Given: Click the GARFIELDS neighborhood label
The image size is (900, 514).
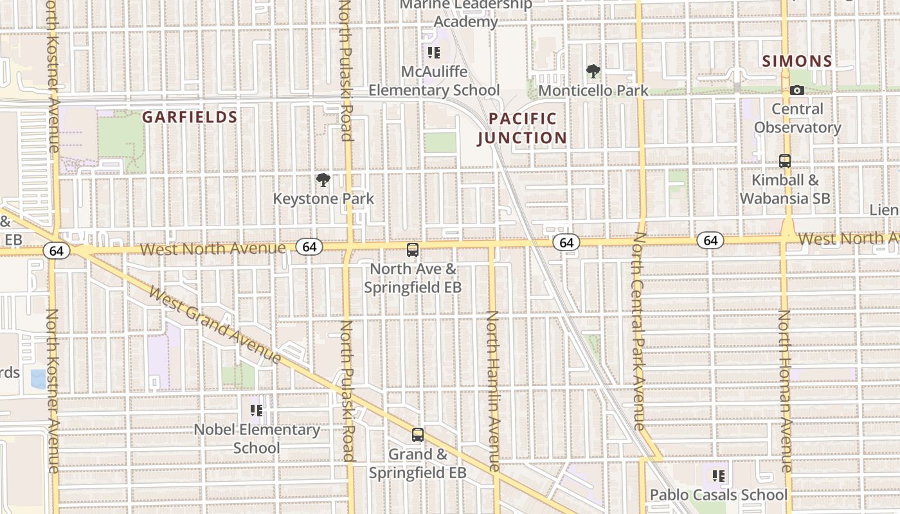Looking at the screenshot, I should [190, 117].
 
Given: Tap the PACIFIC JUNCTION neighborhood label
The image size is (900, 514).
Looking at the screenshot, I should [522, 128].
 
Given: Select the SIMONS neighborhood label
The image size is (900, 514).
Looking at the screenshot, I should [797, 61].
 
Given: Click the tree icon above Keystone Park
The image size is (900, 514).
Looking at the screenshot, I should [323, 180].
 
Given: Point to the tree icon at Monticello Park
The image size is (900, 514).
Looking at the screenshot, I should [593, 71].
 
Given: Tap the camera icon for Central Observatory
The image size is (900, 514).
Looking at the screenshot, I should [797, 91].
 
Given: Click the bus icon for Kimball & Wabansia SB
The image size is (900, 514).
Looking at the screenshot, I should [785, 161].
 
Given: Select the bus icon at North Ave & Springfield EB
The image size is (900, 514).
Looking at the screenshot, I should [413, 250].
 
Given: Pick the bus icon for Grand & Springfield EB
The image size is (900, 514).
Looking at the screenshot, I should [418, 435].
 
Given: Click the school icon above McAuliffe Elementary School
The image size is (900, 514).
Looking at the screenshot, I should [434, 53].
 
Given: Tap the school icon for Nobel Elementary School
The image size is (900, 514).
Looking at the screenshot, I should [256, 410].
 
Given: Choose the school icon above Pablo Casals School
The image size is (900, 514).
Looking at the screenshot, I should [719, 476].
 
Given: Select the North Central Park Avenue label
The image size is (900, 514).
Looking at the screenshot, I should [638, 331].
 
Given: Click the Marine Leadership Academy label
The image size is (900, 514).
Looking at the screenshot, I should [466, 13].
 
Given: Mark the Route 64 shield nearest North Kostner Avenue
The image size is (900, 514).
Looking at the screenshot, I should [57, 251].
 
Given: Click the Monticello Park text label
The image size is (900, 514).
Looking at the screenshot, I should [593, 91].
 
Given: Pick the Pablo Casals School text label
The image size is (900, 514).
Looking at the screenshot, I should [718, 495].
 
